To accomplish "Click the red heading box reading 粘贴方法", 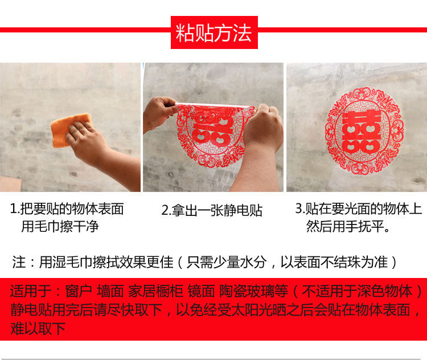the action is click(x=214, y=32).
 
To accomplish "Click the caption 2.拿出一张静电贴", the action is click(x=212, y=210).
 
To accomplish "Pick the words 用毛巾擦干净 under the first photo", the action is click(x=60, y=226).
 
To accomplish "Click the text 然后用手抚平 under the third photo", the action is click(x=344, y=226).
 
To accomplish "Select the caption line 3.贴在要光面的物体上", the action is click(x=359, y=208).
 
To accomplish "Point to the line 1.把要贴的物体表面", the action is click(x=67, y=208).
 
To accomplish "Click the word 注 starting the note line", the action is click(x=19, y=262).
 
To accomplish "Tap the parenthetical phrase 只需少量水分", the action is click(x=226, y=262).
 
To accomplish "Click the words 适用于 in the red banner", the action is click(x=31, y=291).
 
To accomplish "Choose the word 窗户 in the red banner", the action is click(x=79, y=291).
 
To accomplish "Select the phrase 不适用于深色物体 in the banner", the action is click(x=357, y=291).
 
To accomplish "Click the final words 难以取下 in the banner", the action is click(x=38, y=328).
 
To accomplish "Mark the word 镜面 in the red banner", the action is click(x=201, y=291).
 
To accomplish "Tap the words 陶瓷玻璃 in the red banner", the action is click(x=247, y=291).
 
